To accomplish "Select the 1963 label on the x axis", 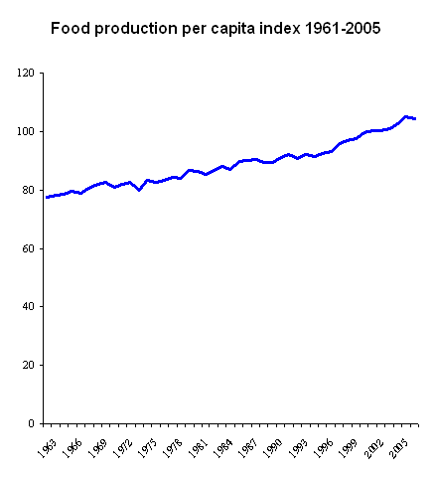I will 43,443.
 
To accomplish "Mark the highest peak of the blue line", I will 406,116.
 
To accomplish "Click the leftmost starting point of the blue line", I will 46,197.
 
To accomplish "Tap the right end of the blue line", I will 415,118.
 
